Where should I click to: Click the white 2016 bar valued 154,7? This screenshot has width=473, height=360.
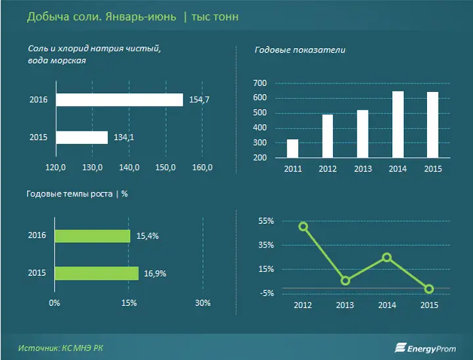coord(120,100)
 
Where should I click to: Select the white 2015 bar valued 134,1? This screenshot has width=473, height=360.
coord(82,137)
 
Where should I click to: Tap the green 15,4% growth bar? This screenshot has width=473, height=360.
coord(93,236)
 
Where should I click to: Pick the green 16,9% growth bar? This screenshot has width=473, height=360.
coord(97,273)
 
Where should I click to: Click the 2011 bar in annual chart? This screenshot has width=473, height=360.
coord(292,148)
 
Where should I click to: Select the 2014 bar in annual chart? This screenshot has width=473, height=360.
coord(398,125)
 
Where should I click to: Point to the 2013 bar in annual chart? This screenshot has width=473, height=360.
coord(363,134)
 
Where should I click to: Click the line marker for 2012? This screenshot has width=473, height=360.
coord(303,227)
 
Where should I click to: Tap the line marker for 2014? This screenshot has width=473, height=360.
coord(387,257)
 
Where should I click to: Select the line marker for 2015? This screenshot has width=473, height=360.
coord(429,289)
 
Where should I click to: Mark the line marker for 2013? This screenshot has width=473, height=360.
coord(346,281)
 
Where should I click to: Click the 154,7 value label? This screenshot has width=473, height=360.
coord(199,100)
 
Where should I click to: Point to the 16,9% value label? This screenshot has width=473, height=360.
coord(155,274)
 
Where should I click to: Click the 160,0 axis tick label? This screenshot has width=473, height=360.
coord(202,168)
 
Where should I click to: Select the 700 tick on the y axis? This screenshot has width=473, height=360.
coord(260,83)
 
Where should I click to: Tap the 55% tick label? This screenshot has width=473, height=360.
coord(266,221)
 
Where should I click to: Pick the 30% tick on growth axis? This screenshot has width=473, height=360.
coord(203,303)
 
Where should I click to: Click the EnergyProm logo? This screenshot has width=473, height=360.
coord(425,348)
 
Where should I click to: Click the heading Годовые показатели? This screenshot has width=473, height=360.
coord(300,50)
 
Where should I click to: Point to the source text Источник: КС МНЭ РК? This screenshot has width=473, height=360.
coord(60,348)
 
